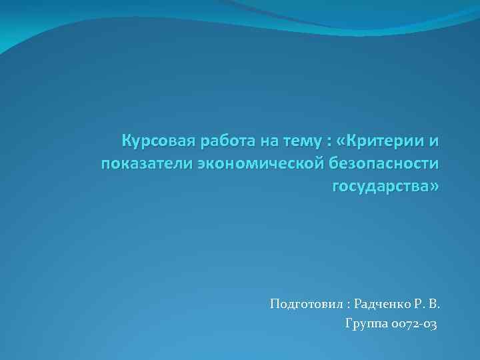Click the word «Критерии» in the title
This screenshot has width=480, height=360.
point(387,142)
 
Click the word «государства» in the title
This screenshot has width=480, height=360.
point(381,186)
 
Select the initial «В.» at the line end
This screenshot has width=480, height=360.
point(434,305)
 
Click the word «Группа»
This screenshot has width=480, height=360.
point(364,325)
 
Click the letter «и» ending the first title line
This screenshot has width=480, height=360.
point(434,142)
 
